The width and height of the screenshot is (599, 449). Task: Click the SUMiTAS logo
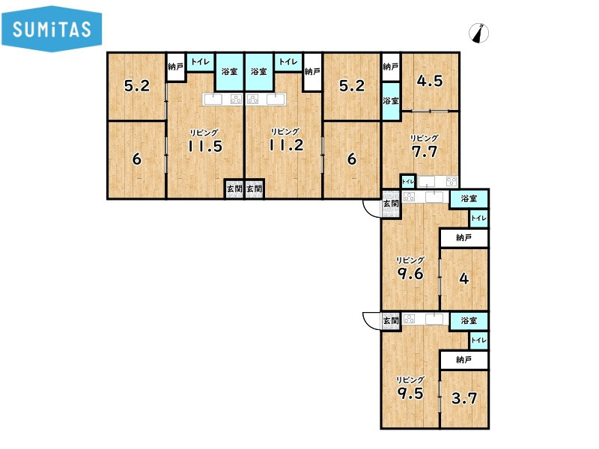point(52,28)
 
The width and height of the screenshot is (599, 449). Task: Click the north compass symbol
point(478,33)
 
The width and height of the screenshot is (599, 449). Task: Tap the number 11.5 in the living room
point(205,146)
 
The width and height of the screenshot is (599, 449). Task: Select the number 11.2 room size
point(286,144)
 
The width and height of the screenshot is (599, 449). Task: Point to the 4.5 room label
point(430,81)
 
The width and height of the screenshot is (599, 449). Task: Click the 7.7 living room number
point(424,152)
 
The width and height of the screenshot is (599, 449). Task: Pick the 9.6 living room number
point(410,273)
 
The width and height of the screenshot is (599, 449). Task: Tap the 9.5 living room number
point(410,393)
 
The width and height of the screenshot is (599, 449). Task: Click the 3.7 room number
point(464,399)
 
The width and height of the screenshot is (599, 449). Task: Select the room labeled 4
point(464,278)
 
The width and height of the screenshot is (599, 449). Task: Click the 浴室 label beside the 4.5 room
point(391,101)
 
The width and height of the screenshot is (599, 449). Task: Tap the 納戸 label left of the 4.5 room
point(390,67)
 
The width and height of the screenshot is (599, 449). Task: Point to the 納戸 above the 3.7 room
point(463,360)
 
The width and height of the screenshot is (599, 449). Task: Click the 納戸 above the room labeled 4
point(463,238)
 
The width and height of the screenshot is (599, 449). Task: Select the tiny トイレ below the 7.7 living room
point(408,182)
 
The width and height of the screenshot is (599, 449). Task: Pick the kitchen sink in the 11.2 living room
point(276,100)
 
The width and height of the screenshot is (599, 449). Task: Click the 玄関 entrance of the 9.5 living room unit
point(391,321)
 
